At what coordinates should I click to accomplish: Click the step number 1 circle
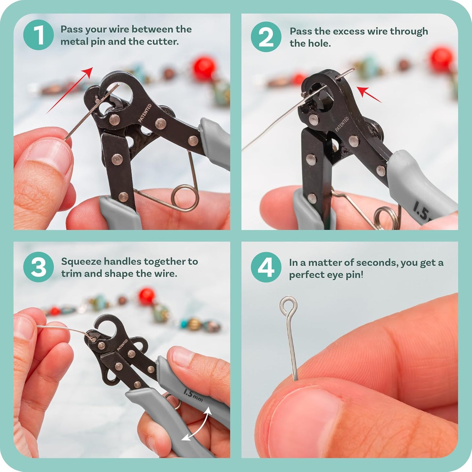click(x=39, y=35)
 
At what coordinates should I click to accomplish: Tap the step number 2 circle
click(x=266, y=37)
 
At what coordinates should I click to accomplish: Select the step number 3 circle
click(x=39, y=267)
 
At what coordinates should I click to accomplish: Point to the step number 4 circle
click(x=266, y=267)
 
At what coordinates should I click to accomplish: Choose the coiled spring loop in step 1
click(x=185, y=198)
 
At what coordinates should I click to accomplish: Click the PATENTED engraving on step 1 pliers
click(x=145, y=113)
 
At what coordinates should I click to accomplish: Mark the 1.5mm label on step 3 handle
click(x=193, y=396)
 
